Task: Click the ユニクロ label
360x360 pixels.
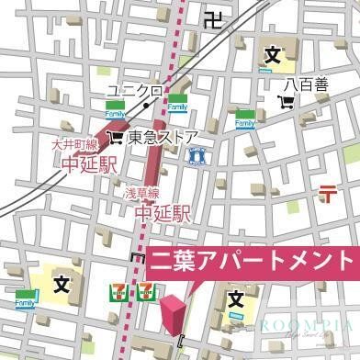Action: point(133,91)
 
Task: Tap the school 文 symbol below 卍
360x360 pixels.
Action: point(272,56)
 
